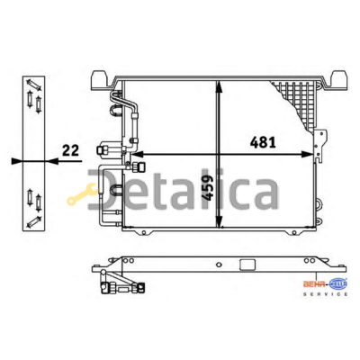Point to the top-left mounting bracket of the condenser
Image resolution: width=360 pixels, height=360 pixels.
pyautogui.click(x=98, y=81)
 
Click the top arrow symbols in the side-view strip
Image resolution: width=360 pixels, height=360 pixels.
pyautogui.click(x=33, y=94)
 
